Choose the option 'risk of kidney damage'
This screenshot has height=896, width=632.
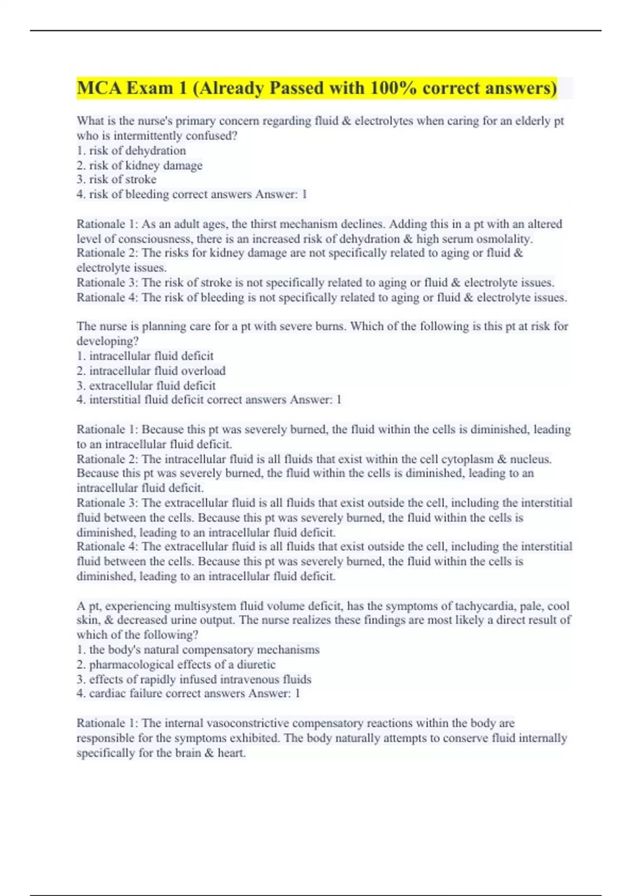(x=145, y=165)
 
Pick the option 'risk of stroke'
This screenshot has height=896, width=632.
(x=122, y=180)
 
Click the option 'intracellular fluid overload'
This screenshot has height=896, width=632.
(x=157, y=371)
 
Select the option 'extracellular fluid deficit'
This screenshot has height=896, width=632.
(x=152, y=386)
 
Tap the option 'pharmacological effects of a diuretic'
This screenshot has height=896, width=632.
(x=182, y=665)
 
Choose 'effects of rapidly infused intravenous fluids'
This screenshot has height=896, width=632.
(x=200, y=679)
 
